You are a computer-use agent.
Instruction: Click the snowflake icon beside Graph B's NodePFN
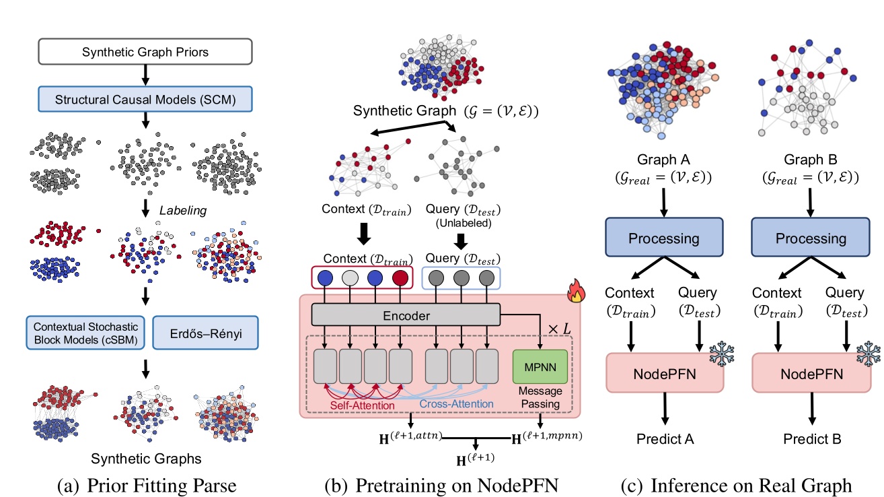(x=867, y=354)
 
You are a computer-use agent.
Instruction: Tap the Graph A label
(x=665, y=161)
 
